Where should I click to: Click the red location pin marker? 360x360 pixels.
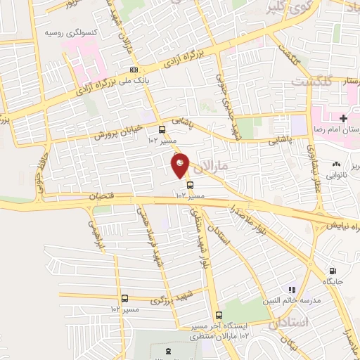pos(181,165)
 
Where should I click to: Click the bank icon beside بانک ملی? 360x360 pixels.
pos(134,70)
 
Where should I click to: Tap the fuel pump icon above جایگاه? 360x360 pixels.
pos(332,271)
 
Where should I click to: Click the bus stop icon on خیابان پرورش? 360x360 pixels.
pos(162,129)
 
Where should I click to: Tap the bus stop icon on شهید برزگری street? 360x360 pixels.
pos(124,298)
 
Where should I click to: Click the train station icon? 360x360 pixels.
pos(167,350)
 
